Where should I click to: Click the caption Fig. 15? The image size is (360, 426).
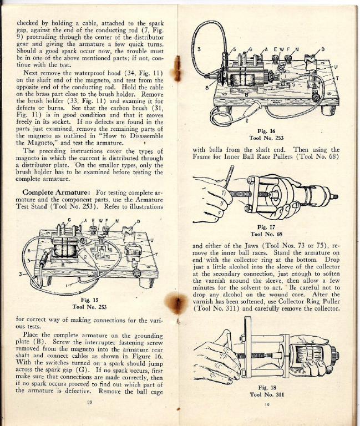pyautogui.click(x=89, y=300)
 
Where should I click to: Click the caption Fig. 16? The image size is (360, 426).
pyautogui.click(x=266, y=131)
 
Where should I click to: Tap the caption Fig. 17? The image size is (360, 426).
pyautogui.click(x=266, y=227)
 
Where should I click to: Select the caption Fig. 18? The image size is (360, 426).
pyautogui.click(x=267, y=387)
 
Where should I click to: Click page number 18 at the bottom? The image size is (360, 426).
pyautogui.click(x=89, y=402)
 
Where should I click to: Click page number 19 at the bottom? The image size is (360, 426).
pyautogui.click(x=267, y=404)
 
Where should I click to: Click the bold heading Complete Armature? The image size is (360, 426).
pyautogui.click(x=56, y=192)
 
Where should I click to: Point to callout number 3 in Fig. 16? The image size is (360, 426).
pyautogui.click(x=199, y=49)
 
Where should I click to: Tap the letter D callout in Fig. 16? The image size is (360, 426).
pyautogui.click(x=323, y=49)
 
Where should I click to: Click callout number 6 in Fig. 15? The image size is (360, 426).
pyautogui.click(x=29, y=251)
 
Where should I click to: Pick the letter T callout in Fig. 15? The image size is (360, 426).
pyautogui.click(x=156, y=255)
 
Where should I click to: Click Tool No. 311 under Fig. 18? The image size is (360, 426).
pyautogui.click(x=267, y=394)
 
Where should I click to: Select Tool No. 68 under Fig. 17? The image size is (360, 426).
pyautogui.click(x=266, y=234)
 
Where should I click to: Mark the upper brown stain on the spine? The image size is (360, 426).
pyautogui.click(x=177, y=69)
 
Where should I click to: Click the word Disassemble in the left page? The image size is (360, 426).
pyautogui.click(x=146, y=136)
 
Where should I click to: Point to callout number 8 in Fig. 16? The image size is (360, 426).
pyautogui.click(x=207, y=88)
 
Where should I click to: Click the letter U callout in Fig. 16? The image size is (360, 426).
pyautogui.click(x=336, y=67)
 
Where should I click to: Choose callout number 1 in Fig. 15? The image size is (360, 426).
pyautogui.click(x=66, y=285)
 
